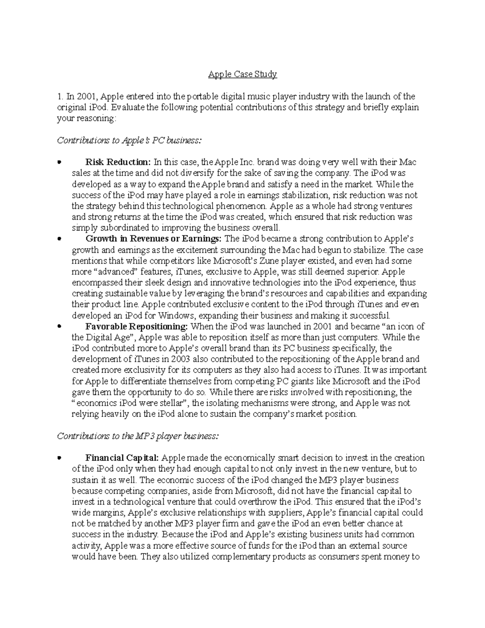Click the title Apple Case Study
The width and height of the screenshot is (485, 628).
242,74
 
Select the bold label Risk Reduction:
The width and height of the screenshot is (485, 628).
118,162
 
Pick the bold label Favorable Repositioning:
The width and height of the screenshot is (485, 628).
137,326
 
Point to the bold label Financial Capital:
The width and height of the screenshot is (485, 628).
123,458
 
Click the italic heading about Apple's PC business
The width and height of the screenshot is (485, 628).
129,140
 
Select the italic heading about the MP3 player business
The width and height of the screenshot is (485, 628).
138,436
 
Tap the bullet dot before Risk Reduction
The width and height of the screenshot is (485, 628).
59,163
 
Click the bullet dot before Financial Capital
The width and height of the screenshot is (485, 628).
59,458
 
